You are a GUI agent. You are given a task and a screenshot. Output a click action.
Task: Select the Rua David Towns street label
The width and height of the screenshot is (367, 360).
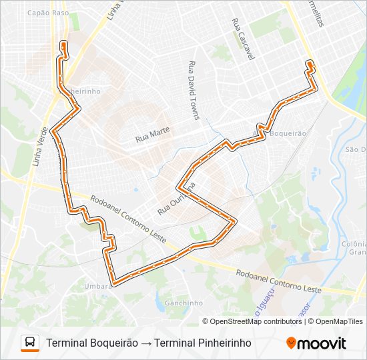[194, 91]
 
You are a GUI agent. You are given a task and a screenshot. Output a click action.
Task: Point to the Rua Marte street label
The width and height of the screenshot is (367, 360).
[152, 133]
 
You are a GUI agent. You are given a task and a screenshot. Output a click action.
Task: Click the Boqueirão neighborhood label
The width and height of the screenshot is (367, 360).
[288, 133]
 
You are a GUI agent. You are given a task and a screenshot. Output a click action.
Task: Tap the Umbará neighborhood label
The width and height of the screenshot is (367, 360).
[97, 286]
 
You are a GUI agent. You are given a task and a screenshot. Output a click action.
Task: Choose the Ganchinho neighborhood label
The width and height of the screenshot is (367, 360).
[183, 303]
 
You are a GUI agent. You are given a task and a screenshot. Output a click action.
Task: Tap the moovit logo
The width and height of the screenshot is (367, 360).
[316, 343]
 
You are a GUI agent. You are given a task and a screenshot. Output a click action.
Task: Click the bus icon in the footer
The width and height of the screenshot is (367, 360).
[30, 343]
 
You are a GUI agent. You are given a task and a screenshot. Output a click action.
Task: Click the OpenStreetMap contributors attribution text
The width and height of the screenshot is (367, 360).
[256, 321]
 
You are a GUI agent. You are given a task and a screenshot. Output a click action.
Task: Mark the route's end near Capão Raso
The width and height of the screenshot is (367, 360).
[63, 44]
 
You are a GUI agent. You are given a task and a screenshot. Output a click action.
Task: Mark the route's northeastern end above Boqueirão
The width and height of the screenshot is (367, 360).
[310, 63]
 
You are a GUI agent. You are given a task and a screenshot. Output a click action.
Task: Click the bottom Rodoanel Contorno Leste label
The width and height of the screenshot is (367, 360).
[278, 281]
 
